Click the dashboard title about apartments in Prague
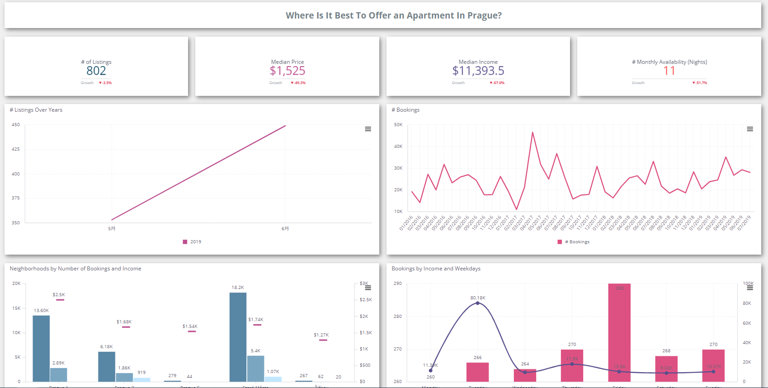coord(393,15)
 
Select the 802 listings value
coord(96,71)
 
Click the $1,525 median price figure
coord(287,71)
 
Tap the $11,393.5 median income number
coord(478,71)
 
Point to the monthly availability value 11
coord(669,71)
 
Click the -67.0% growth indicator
coord(497,83)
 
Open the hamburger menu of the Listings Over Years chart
coord(368,129)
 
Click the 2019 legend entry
coord(193,242)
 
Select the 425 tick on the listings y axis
coord(16,149)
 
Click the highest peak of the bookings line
coord(532,132)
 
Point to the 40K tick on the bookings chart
coord(398,147)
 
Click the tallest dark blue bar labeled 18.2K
coord(238,337)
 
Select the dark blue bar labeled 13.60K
coord(41,348)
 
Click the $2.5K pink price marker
coord(60,300)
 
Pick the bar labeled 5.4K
coord(255,368)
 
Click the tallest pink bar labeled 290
coord(619,332)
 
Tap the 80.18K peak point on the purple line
coord(478,303)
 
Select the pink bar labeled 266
coord(477,372)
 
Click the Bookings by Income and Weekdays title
coord(436,269)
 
